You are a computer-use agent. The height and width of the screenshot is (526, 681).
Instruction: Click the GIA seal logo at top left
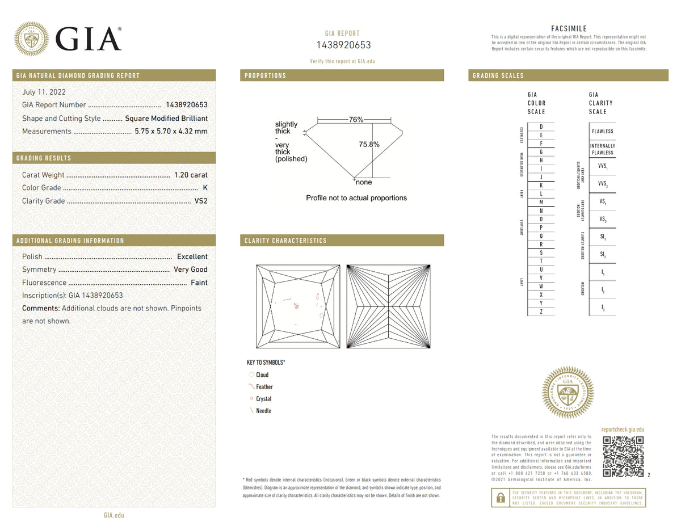(31, 39)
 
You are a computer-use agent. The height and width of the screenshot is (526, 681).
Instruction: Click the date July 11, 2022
(44, 91)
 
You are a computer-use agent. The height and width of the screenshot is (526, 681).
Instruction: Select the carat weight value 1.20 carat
(191, 175)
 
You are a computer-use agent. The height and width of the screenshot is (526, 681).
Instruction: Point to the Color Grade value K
(205, 188)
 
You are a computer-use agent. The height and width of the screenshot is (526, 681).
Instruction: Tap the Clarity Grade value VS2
(200, 201)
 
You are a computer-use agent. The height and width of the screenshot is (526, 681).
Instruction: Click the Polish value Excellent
(192, 256)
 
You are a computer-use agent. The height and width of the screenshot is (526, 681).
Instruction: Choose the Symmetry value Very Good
(190, 270)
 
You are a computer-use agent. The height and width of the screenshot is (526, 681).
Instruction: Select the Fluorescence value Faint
(199, 283)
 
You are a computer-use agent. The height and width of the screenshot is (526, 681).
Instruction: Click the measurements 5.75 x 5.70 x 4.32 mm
(171, 131)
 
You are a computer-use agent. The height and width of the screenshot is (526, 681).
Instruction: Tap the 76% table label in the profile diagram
(356, 120)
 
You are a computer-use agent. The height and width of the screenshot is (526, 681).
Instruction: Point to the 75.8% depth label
(369, 145)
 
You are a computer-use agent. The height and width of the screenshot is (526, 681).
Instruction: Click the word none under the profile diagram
(363, 182)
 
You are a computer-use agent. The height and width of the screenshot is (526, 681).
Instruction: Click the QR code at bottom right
(623, 456)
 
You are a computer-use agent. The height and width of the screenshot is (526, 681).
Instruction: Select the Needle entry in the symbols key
(263, 411)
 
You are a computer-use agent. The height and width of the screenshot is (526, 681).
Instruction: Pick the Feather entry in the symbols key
(264, 387)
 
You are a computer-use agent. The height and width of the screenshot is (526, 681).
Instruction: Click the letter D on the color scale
(541, 127)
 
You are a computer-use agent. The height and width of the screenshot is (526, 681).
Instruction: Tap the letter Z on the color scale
(541, 312)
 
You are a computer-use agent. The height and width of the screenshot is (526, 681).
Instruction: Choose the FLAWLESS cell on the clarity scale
(602, 131)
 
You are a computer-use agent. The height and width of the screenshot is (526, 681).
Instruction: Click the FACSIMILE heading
(569, 29)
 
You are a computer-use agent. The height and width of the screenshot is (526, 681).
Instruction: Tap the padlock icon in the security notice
(500, 498)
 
